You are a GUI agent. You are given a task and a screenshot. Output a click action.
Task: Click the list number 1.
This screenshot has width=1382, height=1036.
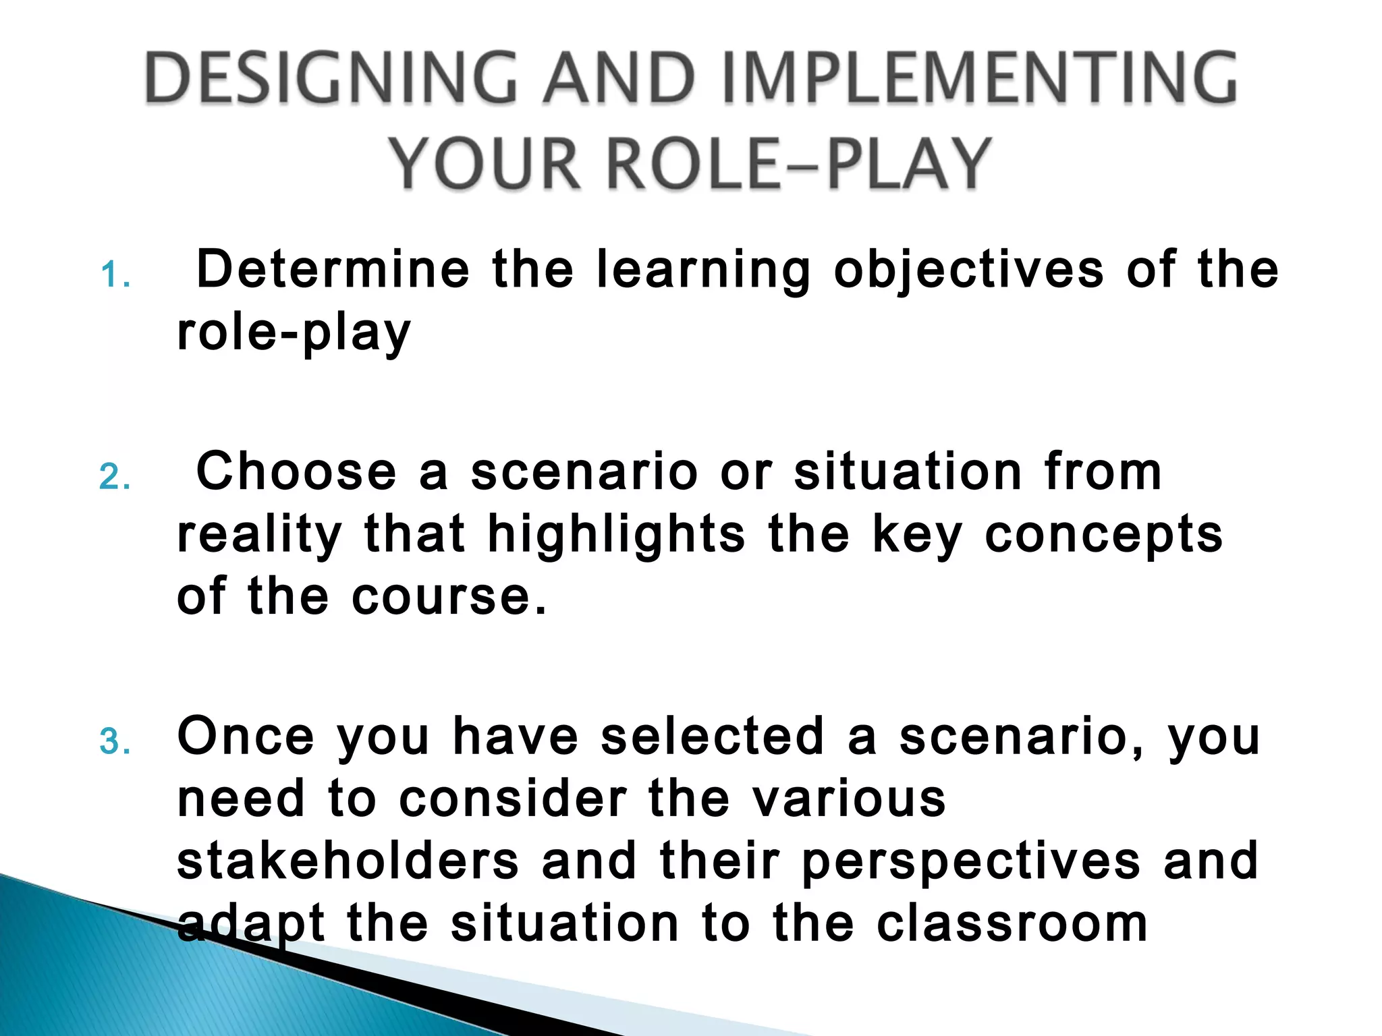point(115,276)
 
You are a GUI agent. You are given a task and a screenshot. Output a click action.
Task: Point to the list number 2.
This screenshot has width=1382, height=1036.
point(115,478)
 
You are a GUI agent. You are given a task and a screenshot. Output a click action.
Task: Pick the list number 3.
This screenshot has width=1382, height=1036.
point(115,742)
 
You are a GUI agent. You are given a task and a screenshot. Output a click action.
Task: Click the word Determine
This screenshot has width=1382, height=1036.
point(333,270)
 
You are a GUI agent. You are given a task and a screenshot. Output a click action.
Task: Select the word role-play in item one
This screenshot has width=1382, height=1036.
point(294,333)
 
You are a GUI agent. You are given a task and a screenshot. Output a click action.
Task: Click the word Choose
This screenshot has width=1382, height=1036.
point(296,471)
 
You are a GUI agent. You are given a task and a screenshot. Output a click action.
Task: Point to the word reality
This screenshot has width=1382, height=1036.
point(260,535)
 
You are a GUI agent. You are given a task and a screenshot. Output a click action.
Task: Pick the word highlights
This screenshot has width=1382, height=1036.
point(616,535)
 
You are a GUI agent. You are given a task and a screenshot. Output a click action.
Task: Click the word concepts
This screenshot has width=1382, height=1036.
point(1104,535)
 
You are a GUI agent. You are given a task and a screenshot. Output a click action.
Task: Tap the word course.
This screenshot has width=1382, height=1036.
point(449,596)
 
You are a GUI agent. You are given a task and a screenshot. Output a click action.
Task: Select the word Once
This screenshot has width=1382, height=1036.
point(246,736)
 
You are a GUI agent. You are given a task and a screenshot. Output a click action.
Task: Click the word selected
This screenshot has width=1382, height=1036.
point(713,736)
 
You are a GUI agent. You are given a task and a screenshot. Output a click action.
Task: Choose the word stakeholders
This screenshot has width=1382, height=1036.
point(348,861)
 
